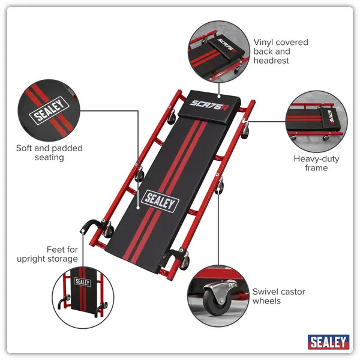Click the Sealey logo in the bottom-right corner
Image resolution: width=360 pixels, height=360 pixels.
click(x=328, y=341)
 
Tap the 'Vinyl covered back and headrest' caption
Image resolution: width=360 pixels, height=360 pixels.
click(x=280, y=51)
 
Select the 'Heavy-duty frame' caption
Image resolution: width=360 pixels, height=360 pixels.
click(x=310, y=163)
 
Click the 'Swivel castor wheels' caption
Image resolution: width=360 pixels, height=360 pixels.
click(x=278, y=296)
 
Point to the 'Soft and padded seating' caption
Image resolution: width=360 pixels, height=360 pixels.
click(x=50, y=152)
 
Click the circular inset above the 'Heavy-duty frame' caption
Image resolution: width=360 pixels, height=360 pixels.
click(x=316, y=119)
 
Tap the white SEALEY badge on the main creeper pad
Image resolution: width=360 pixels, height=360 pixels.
click(x=160, y=202)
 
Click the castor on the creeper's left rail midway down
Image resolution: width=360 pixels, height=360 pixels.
click(x=140, y=175)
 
